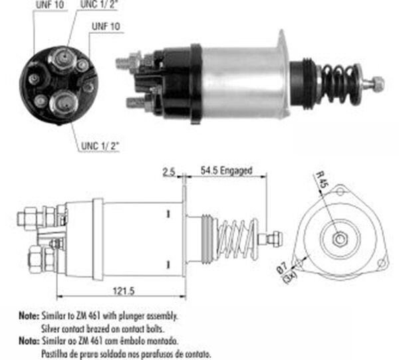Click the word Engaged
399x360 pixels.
(237, 171)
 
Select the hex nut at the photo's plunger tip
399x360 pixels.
(378, 84)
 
